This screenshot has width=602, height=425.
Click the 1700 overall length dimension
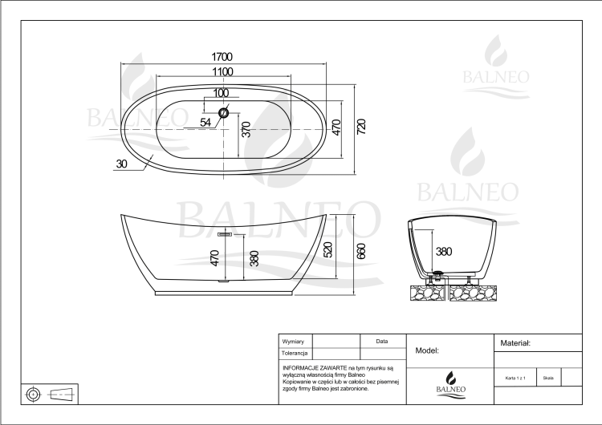click(x=222, y=56)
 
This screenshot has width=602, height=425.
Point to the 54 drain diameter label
click(x=205, y=123)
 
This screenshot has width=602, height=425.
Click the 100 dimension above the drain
click(x=221, y=93)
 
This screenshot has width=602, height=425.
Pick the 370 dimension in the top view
click(x=246, y=129)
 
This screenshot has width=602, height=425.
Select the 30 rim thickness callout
click(x=121, y=164)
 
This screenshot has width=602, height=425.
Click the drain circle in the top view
click(x=224, y=112)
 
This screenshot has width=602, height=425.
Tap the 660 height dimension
click(x=361, y=251)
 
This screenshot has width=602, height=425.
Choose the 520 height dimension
click(x=327, y=249)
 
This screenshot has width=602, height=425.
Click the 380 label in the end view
click(x=444, y=251)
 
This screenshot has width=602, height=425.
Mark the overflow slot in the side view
click(x=225, y=234)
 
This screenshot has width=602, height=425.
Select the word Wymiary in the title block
click(x=293, y=342)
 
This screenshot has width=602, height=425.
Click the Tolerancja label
click(x=295, y=353)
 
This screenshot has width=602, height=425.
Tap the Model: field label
click(x=427, y=350)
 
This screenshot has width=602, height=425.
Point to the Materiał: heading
click(x=515, y=342)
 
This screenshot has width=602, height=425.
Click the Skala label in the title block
click(x=547, y=377)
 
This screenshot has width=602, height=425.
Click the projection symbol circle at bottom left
click(x=34, y=394)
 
